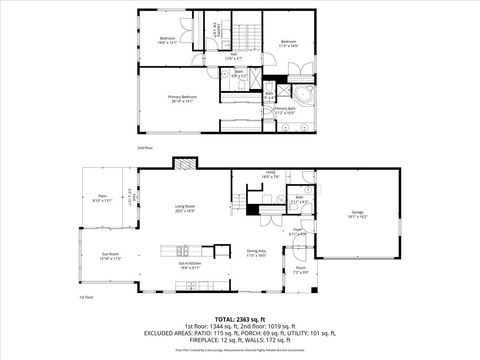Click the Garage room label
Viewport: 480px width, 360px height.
357,214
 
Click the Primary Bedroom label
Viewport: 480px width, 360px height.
183,98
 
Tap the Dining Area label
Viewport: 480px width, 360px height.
255,253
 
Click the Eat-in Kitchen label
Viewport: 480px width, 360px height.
191,267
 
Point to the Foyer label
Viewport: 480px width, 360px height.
297,234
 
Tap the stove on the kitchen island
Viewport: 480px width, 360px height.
180,249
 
